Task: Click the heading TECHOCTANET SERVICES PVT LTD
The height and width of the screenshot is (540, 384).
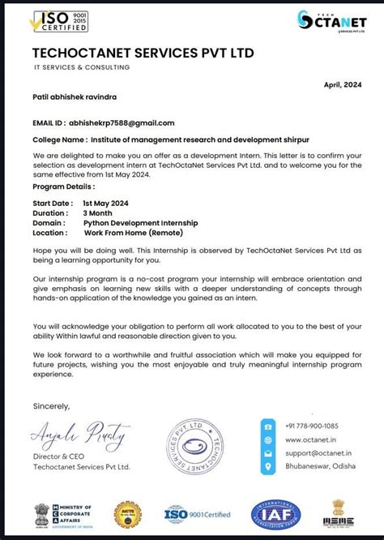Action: click(143, 54)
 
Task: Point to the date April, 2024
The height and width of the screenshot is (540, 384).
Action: click(342, 84)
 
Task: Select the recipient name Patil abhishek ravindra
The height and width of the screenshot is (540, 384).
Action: click(74, 96)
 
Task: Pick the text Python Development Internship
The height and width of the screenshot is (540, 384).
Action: click(140, 222)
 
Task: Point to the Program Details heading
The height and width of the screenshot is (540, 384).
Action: click(64, 186)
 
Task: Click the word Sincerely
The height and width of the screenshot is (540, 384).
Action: click(51, 405)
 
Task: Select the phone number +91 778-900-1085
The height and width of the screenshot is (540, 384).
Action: click(312, 426)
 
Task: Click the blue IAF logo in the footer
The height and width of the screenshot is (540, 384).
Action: click(275, 514)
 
